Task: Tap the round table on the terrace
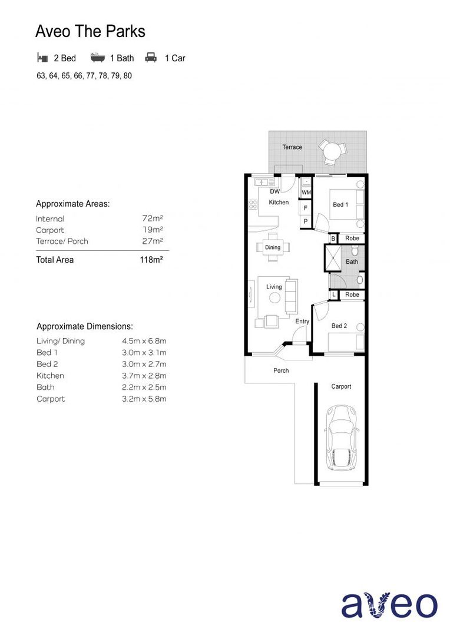(x=331, y=152)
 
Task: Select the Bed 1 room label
(x=340, y=205)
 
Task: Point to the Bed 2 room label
(x=339, y=326)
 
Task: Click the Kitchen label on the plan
(x=279, y=203)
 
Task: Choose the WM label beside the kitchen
(x=306, y=193)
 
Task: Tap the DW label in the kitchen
(x=274, y=191)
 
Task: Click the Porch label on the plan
(x=281, y=370)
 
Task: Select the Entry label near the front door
(x=302, y=322)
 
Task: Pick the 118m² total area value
(x=151, y=260)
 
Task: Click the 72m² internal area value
(x=153, y=218)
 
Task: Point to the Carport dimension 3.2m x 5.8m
(x=144, y=399)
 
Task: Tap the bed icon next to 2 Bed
(x=42, y=58)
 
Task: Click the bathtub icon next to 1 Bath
(x=97, y=58)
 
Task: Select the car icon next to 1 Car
(x=151, y=58)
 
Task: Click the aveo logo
(x=389, y=605)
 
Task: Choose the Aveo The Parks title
(x=90, y=31)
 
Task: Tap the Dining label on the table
(x=273, y=247)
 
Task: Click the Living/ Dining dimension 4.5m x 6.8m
(x=144, y=341)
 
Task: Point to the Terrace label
(x=292, y=147)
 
